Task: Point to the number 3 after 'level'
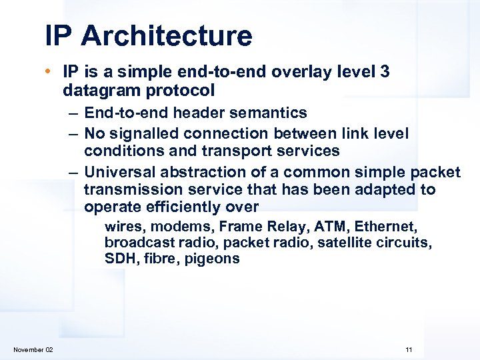coord(385,71)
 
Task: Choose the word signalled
coord(146,134)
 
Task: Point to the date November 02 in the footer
coord(33,350)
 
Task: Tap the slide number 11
coord(409,350)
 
